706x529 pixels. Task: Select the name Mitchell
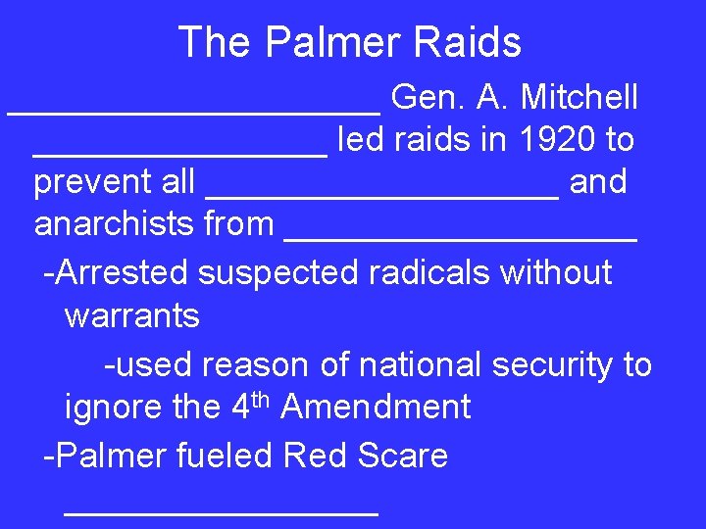tap(580, 98)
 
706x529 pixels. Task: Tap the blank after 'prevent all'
tap(382, 195)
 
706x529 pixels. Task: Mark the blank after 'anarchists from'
tap(461, 237)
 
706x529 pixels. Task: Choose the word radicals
tap(426, 272)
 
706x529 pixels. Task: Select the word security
tap(554, 364)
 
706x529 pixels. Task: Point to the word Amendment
tap(376, 407)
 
